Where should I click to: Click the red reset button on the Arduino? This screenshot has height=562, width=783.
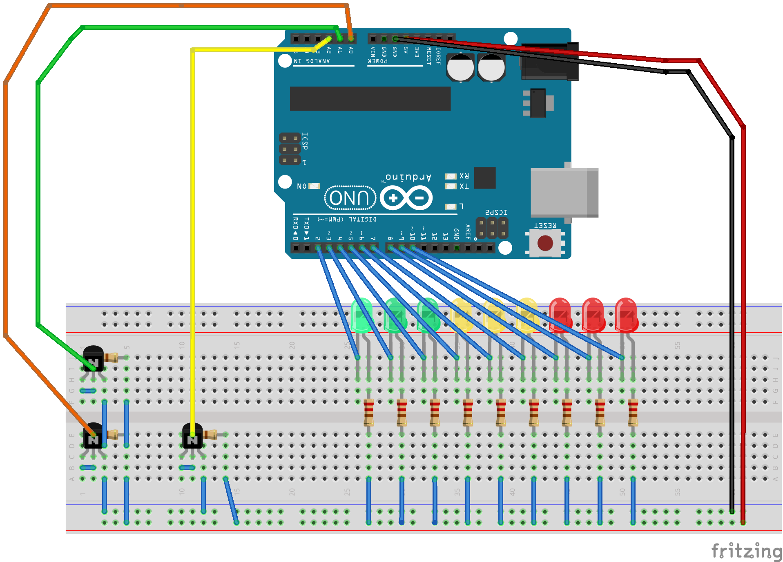(545, 243)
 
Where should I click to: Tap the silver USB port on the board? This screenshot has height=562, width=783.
(564, 192)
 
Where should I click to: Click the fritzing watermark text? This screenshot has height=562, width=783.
(746, 551)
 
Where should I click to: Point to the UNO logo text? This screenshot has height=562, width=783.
(350, 198)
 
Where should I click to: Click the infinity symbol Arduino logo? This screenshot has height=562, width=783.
(406, 198)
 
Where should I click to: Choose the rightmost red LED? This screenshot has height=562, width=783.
(626, 315)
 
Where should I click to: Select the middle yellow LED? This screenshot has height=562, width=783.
(494, 315)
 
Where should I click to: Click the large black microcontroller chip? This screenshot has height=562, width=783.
(370, 98)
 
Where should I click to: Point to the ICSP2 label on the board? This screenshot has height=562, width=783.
(496, 212)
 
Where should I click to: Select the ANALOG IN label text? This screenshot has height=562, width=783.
(312, 61)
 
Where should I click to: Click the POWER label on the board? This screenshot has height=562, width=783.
(378, 61)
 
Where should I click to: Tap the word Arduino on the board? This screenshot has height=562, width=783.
(408, 177)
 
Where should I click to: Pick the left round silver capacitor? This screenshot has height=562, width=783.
(460, 67)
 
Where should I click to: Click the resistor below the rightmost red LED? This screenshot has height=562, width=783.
(633, 412)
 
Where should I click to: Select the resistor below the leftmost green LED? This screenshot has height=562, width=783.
(368, 412)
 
